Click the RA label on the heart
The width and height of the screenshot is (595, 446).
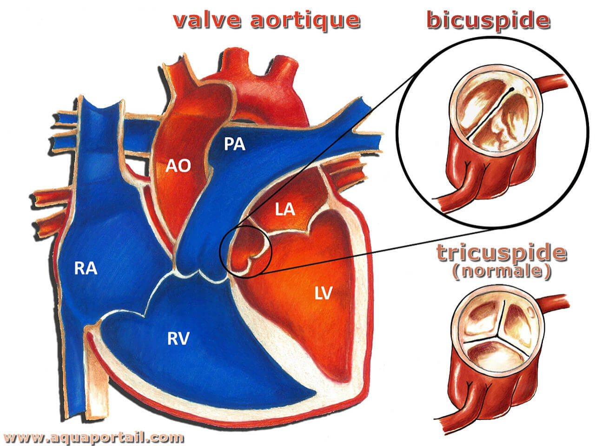pyautogui.click(x=86, y=269)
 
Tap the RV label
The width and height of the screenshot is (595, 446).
pyautogui.click(x=178, y=339)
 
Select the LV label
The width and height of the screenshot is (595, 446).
pyautogui.click(x=324, y=293)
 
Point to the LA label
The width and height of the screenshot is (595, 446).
pyautogui.click(x=285, y=210)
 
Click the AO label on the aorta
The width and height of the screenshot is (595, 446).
pyautogui.click(x=178, y=166)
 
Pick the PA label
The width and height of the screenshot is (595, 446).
pyautogui.click(x=234, y=144)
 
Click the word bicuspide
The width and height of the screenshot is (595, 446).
pyautogui.click(x=488, y=20)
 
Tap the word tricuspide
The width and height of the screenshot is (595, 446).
pyautogui.click(x=502, y=252)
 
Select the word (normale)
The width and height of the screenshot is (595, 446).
pyautogui.click(x=502, y=271)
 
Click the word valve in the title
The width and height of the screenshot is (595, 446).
pyautogui.click(x=207, y=20)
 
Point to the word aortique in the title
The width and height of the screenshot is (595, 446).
pyautogui.click(x=305, y=21)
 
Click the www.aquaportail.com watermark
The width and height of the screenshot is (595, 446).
pyautogui.click(x=94, y=437)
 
